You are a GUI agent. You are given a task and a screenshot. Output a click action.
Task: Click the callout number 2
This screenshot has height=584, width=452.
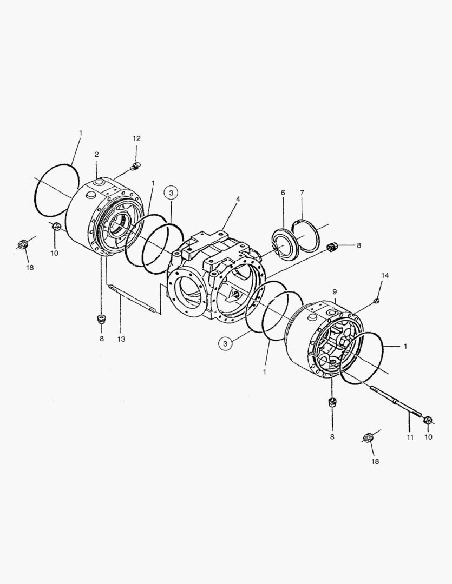[96, 155]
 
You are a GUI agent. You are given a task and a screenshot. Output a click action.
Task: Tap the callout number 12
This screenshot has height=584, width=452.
[137, 139]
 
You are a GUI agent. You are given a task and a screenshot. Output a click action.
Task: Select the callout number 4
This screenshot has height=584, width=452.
[237, 199]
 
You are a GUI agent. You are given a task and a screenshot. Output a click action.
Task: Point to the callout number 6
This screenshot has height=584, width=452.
[283, 193]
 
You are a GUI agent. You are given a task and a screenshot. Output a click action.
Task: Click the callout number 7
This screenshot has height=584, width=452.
[302, 193]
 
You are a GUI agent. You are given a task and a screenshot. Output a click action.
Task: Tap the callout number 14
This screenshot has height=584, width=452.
[385, 275]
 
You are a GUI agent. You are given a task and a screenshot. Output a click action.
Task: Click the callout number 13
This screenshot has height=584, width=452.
[121, 339]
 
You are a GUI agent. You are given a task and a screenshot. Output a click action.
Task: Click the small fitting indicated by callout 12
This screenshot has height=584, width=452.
[136, 165]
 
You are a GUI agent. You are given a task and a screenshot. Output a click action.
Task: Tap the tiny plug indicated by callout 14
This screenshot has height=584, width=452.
[377, 300]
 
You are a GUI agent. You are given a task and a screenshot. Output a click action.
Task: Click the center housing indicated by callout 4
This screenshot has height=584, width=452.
[217, 276]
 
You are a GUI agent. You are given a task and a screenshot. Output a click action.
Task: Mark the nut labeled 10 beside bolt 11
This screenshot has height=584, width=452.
[428, 420]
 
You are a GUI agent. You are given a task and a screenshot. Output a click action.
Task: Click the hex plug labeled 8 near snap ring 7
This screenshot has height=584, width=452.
[333, 248]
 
